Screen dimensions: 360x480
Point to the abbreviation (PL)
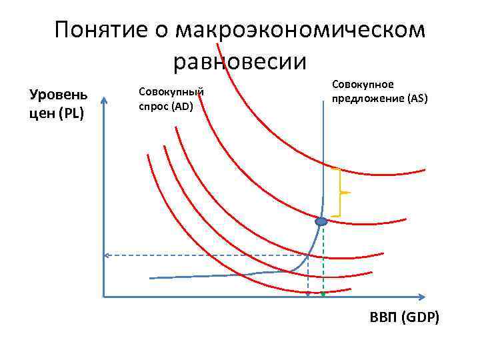(x=71, y=113)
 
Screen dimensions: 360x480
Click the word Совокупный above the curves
(x=170, y=91)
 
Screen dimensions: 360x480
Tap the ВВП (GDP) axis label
(x=404, y=317)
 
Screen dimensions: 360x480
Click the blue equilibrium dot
(x=321, y=221)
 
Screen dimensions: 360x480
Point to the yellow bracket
(x=341, y=193)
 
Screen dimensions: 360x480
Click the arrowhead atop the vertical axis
(x=105, y=101)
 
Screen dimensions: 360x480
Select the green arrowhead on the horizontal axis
(x=323, y=293)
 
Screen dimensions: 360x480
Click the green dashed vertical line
(x=323, y=260)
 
